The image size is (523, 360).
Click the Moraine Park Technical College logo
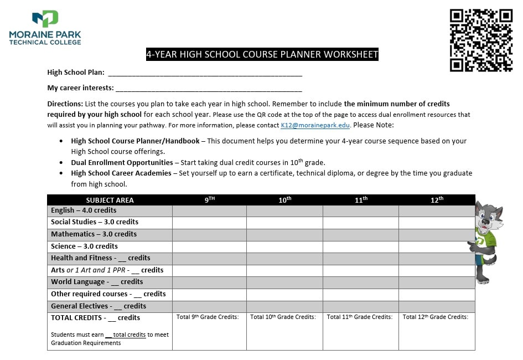(x=45, y=28)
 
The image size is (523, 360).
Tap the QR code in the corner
(x=481, y=40)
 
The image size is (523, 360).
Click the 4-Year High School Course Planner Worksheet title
(x=262, y=54)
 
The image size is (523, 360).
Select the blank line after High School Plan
(x=205, y=73)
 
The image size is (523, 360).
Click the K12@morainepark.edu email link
(x=315, y=125)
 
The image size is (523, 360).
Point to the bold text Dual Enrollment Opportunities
(x=122, y=163)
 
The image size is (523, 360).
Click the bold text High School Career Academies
(x=121, y=173)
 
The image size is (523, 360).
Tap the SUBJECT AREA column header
(x=110, y=200)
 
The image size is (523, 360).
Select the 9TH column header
(x=209, y=200)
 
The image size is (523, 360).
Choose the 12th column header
(x=437, y=200)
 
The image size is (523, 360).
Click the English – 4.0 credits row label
(x=84, y=210)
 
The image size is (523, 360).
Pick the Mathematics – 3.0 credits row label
(x=94, y=234)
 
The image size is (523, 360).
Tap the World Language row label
(x=97, y=282)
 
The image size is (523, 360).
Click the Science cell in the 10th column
(x=284, y=246)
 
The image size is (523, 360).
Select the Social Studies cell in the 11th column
(x=360, y=222)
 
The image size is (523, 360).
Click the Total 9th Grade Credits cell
(x=209, y=331)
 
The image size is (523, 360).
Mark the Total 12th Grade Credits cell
(x=437, y=331)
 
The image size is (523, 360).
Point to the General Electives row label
(x=99, y=306)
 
